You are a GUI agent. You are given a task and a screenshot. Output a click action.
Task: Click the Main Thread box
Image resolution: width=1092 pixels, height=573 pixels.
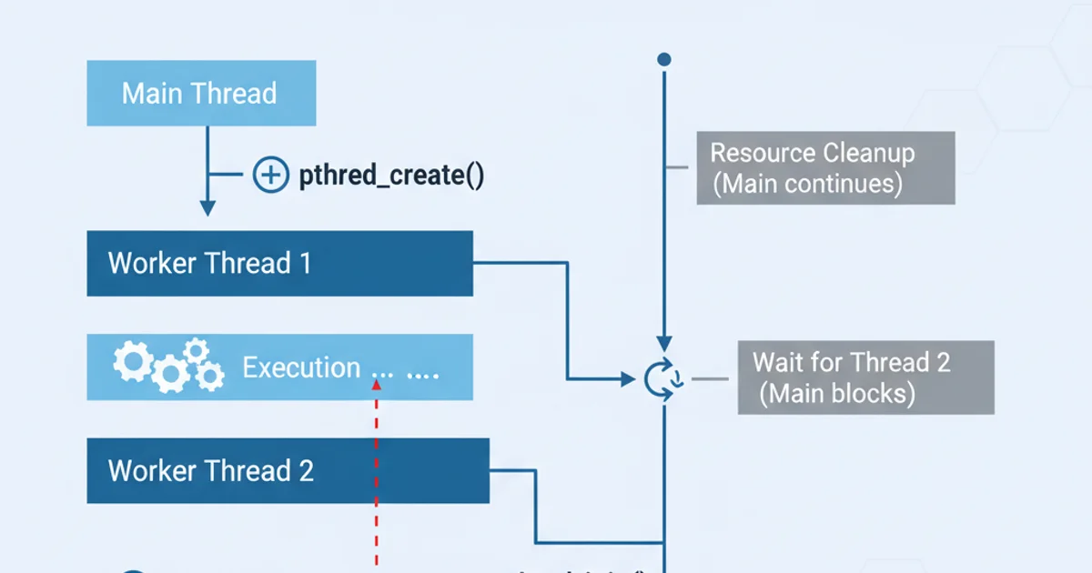(x=201, y=94)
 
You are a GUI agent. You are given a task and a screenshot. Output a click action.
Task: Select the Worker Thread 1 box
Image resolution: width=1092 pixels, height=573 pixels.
(x=279, y=263)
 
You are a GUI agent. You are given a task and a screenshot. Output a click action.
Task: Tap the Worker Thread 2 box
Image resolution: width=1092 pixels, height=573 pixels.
(x=288, y=470)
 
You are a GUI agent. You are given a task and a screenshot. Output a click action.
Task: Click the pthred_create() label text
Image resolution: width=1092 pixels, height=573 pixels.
(x=391, y=176)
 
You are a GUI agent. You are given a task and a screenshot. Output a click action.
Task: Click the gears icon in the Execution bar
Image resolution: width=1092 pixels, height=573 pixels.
(x=168, y=366)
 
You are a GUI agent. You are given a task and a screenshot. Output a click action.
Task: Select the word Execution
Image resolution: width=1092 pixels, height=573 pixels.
(x=301, y=368)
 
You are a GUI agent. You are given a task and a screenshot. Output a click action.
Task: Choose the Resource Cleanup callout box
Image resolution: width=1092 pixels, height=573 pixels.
(x=825, y=168)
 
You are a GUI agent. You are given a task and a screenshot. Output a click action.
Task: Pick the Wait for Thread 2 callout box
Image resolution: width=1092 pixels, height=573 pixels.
(x=865, y=377)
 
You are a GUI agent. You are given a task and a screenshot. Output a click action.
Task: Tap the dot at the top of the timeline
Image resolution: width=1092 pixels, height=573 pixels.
(x=664, y=59)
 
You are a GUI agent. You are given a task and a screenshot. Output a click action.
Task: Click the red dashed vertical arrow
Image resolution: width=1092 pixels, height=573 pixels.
(x=376, y=473)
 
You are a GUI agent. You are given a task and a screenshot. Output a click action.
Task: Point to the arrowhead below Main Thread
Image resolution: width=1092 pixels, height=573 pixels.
(x=207, y=208)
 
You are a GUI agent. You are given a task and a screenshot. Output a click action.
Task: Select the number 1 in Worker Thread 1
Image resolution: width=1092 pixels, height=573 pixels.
(x=304, y=264)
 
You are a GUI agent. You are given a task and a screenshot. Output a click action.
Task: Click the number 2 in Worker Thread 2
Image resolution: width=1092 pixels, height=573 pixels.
(x=306, y=471)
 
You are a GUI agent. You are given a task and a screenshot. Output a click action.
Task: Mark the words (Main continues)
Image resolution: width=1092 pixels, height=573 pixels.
(x=808, y=184)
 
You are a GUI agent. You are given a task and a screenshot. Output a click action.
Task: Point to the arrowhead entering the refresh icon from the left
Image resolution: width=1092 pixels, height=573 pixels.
(x=628, y=377)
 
